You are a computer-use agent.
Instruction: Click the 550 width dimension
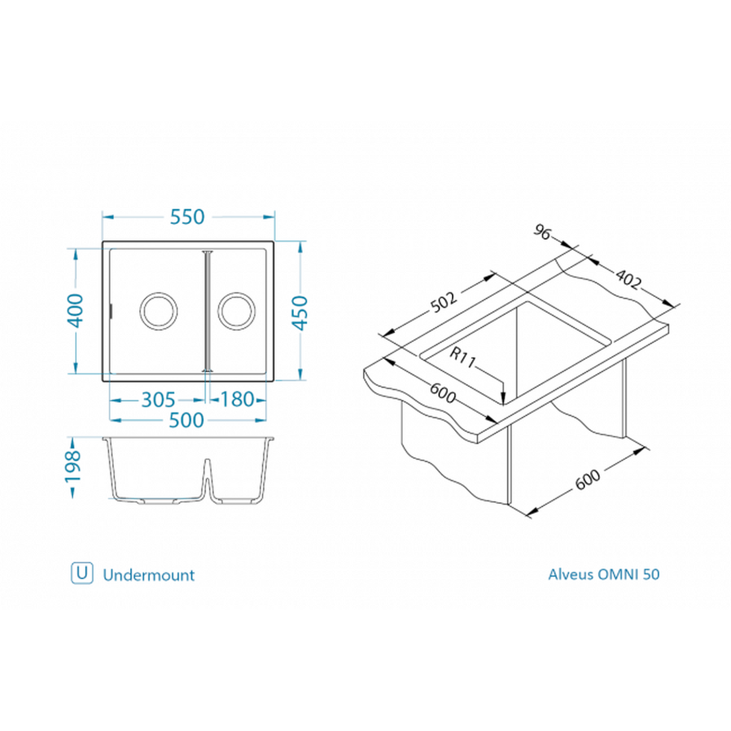[187, 217]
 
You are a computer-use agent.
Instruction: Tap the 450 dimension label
[300, 312]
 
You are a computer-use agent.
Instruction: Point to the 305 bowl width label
[158, 400]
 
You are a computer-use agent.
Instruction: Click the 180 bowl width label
[237, 399]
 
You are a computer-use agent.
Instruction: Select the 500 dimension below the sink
[186, 420]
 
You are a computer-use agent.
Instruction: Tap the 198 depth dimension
[73, 466]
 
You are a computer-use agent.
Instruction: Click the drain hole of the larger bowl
[158, 311]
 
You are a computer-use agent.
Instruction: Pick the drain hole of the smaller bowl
[236, 311]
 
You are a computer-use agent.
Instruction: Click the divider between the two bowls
[207, 310]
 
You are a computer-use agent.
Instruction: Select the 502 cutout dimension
[444, 302]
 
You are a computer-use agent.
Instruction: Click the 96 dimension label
[543, 232]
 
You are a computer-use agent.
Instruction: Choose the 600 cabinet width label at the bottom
[588, 479]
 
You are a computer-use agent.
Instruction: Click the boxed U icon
[82, 573]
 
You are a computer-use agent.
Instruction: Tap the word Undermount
[149, 575]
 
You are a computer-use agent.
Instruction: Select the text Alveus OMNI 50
[603, 574]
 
